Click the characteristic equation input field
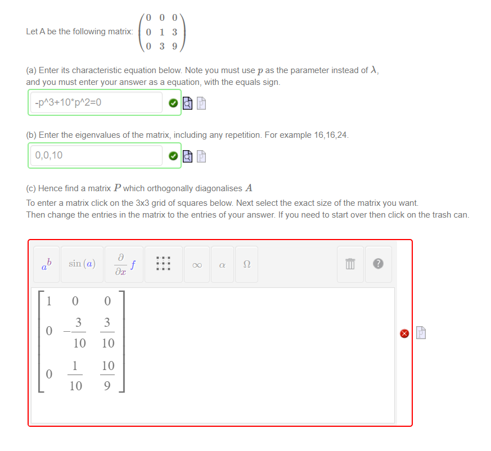[x=96, y=103]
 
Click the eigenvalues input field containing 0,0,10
[x=96, y=155]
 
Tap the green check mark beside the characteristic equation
[x=174, y=103]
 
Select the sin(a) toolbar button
[x=82, y=264]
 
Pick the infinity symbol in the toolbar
[x=196, y=264]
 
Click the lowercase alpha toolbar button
[x=222, y=264]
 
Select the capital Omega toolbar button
[x=246, y=264]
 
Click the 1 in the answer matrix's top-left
[x=49, y=301]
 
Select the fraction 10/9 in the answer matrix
[x=108, y=375]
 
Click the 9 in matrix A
[x=174, y=47]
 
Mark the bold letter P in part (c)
[x=118, y=188]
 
